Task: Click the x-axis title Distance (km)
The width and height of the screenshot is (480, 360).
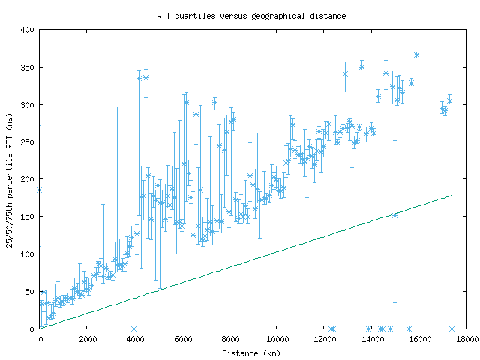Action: click(x=251, y=352)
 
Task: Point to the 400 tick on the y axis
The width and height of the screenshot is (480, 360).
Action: click(x=28, y=30)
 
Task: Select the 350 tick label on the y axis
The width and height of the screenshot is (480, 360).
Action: click(x=28, y=67)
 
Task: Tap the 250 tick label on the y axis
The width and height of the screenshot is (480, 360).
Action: click(x=28, y=142)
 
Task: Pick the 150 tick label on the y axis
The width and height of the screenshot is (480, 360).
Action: click(x=28, y=217)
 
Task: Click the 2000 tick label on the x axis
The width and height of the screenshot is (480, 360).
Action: click(x=87, y=339)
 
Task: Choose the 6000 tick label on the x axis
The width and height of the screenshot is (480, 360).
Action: click(x=181, y=339)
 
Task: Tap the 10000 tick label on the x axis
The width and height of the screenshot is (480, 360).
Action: click(x=276, y=339)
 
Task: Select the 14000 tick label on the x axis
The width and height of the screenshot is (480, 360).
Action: click(x=370, y=339)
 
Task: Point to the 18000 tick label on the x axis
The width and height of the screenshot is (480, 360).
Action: click(x=465, y=339)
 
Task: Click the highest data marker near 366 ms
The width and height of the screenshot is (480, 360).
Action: click(x=416, y=55)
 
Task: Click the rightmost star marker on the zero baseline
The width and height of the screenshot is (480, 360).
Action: click(x=451, y=328)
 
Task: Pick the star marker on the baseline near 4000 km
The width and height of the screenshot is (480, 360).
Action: click(x=133, y=328)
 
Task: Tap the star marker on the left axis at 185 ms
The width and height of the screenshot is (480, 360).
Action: click(x=39, y=190)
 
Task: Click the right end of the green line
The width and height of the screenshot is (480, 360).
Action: click(x=452, y=195)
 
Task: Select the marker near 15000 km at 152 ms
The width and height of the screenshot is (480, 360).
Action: click(x=394, y=215)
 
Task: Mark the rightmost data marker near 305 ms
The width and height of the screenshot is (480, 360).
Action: click(x=449, y=100)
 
